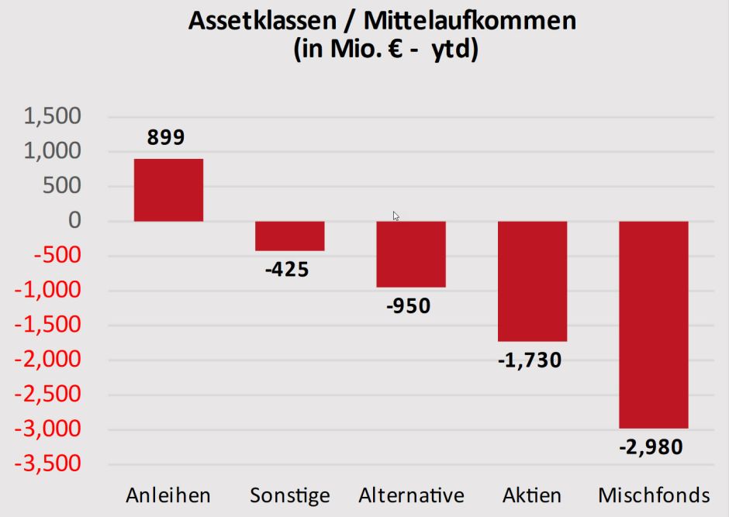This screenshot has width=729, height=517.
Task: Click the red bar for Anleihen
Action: [168, 190]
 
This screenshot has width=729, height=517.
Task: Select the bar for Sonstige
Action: [289, 236]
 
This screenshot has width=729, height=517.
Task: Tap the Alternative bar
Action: [411, 254]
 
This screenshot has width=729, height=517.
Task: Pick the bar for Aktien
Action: [532, 281]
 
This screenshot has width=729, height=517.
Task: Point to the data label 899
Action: [166, 138]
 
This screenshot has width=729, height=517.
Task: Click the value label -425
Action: [286, 270]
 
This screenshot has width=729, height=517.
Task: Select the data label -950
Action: [408, 306]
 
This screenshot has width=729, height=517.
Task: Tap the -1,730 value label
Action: [530, 360]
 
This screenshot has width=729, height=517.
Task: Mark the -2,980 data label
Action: [651, 447]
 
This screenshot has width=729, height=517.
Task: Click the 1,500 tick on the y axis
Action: [52, 117]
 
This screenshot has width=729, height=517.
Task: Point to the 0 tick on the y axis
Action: [74, 222]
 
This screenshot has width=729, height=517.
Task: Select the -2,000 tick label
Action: [49, 360]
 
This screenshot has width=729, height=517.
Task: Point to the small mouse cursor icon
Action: [396, 216]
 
